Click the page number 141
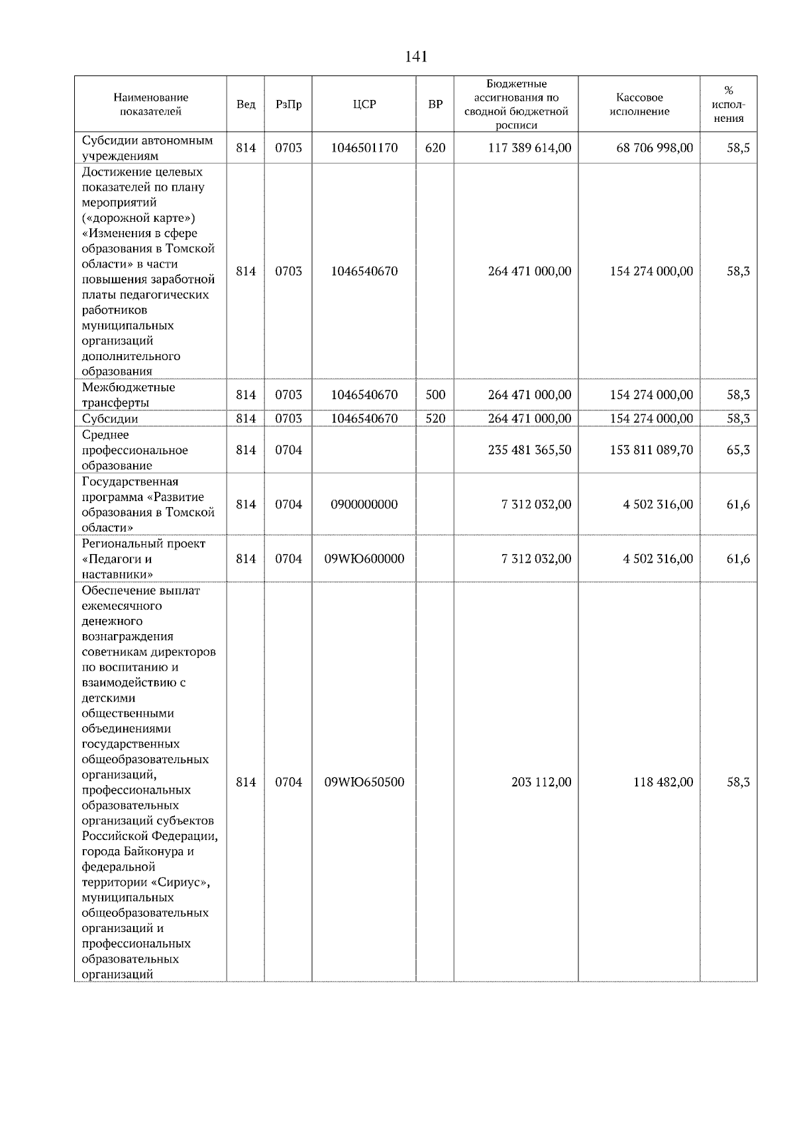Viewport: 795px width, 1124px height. pyautogui.click(x=416, y=57)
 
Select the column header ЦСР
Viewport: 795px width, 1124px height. pyautogui.click(x=364, y=105)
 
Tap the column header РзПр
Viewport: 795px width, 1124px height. pyautogui.click(x=288, y=105)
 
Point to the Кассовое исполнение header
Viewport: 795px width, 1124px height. pyautogui.click(x=639, y=105)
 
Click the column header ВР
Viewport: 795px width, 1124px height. pyautogui.click(x=435, y=105)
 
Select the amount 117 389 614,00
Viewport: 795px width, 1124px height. pyautogui.click(x=529, y=148)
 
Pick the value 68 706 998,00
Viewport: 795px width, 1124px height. pyautogui.click(x=655, y=148)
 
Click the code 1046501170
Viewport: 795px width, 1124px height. pyautogui.click(x=364, y=148)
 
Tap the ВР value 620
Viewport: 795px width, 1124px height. pyautogui.click(x=435, y=148)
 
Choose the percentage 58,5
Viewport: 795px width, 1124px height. pyautogui.click(x=738, y=148)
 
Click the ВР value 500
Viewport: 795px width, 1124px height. pyautogui.click(x=435, y=395)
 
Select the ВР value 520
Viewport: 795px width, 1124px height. pyautogui.click(x=435, y=418)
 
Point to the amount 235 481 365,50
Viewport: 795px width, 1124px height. pyautogui.click(x=529, y=450)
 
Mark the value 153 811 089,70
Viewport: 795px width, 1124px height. pyautogui.click(x=651, y=450)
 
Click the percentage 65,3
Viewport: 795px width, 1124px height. pyautogui.click(x=738, y=450)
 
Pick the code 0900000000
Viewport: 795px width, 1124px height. pyautogui.click(x=364, y=504)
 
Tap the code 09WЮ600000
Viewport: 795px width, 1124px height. pyautogui.click(x=364, y=559)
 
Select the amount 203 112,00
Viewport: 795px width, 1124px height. pyautogui.click(x=541, y=782)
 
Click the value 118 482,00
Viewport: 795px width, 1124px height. pyautogui.click(x=663, y=782)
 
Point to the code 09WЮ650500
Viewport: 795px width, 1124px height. pyautogui.click(x=364, y=782)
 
